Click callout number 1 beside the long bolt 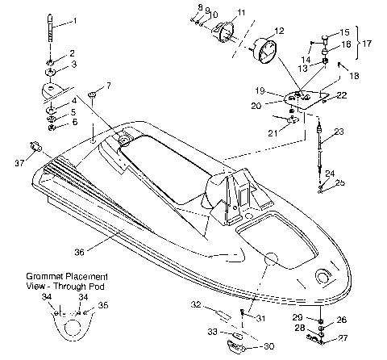pyautogui.click(x=76, y=19)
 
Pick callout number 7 pyautogui.click(x=109, y=86)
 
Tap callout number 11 pyautogui.click(x=241, y=14)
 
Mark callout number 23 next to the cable pyautogui.click(x=339, y=132)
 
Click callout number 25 pyautogui.click(x=340, y=184)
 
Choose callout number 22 pyautogui.click(x=343, y=96)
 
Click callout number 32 pyautogui.click(x=195, y=305)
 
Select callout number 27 pyautogui.click(x=343, y=338)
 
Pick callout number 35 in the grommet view pyautogui.click(x=102, y=306)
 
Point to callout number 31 pyautogui.click(x=260, y=317)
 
